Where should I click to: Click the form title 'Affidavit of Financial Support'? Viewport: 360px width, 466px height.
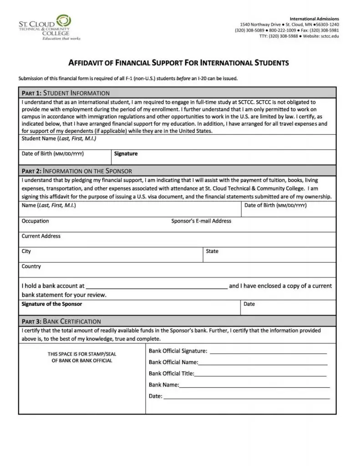[x=178, y=63]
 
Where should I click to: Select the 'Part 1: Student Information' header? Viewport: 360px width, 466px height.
[x=66, y=93]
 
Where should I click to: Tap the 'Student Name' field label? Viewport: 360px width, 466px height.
[x=59, y=138]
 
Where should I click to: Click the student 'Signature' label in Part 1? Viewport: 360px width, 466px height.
[x=126, y=154]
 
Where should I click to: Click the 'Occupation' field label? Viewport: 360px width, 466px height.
[x=35, y=221]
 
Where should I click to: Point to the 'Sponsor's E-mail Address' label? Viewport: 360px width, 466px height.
[x=201, y=221]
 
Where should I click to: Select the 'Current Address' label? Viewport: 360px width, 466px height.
[x=41, y=236]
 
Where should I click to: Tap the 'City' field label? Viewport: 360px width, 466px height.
[x=26, y=251]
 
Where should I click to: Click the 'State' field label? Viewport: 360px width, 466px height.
[x=212, y=251]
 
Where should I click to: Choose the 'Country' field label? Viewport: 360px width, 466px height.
[x=31, y=267]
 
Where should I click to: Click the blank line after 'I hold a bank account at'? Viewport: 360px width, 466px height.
[x=157, y=287]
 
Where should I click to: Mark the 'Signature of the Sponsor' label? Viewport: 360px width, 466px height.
[x=52, y=304]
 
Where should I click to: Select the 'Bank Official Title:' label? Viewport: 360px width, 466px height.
[x=171, y=374]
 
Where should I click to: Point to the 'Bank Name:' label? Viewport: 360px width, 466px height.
[x=163, y=385]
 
